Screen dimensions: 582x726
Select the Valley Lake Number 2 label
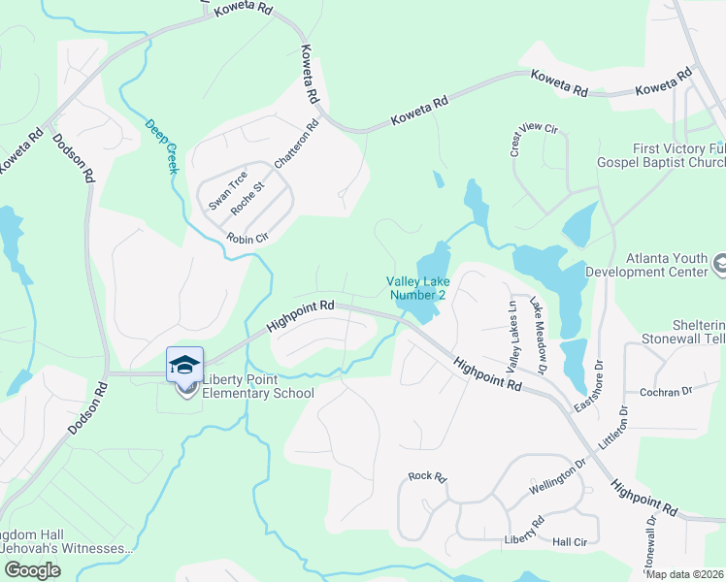point(418,288)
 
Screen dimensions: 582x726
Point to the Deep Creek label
point(162,146)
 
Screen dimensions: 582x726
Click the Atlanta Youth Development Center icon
point(720,263)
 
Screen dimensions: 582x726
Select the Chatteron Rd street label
point(297,145)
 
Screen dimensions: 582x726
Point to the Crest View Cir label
point(533,141)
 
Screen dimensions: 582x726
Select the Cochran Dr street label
point(665,392)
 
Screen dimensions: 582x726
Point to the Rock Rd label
point(426,476)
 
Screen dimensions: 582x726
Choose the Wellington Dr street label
point(558,477)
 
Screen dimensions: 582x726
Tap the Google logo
point(32,570)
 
